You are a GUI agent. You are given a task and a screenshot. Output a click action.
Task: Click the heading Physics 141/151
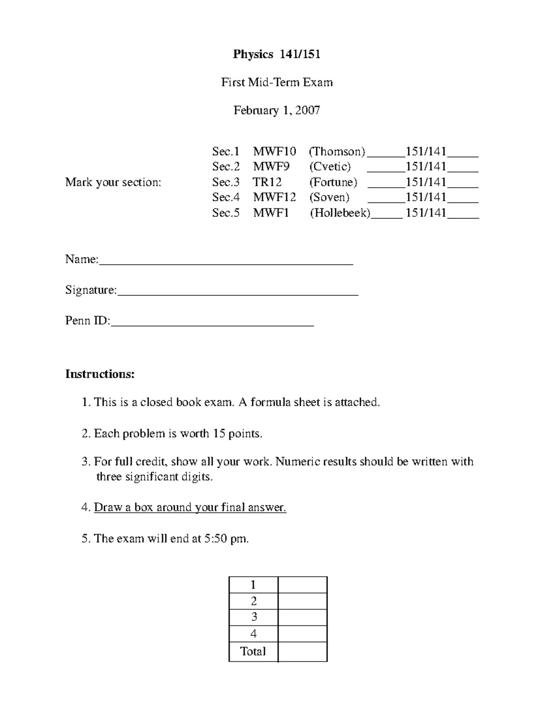coord(277,55)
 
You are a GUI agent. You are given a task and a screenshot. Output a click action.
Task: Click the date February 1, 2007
coord(277,110)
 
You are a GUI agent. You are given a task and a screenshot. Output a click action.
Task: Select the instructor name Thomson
coord(337,152)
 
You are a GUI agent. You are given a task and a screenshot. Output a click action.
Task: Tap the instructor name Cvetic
coord(330,166)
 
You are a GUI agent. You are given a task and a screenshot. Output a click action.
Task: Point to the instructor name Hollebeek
coord(340,213)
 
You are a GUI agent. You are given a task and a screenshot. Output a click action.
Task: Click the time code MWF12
coord(274,197)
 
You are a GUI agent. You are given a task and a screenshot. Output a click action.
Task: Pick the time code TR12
coord(267,182)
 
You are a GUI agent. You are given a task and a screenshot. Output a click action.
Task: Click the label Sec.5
coord(226,213)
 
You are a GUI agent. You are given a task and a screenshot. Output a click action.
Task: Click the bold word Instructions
coord(100,374)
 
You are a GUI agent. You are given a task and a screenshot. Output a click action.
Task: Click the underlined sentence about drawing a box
coord(190,508)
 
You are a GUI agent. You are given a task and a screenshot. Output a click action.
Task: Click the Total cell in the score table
coord(253,652)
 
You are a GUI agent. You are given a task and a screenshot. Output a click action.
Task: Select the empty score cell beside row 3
coord(302,618)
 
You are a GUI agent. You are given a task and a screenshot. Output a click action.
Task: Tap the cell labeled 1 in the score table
coord(253,585)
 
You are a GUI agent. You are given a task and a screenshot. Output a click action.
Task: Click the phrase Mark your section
coord(113,182)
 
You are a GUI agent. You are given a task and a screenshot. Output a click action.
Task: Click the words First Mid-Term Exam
coord(277,83)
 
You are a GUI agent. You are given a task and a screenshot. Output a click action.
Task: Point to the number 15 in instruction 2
coord(218,434)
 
